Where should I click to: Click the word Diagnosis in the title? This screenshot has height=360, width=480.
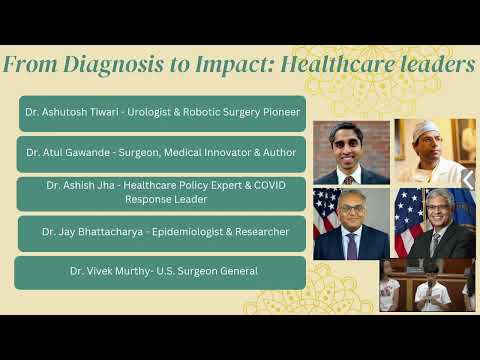[113, 65]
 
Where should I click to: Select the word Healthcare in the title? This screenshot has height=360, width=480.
[338, 63]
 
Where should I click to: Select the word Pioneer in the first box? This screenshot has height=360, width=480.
[281, 112]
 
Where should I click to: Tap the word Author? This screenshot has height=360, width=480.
[279, 153]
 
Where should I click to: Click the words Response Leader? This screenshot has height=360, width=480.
[166, 199]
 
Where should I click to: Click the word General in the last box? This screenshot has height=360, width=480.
[239, 271]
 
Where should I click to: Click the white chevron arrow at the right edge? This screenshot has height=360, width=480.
[468, 179]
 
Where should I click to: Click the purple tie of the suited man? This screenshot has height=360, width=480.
[352, 246]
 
